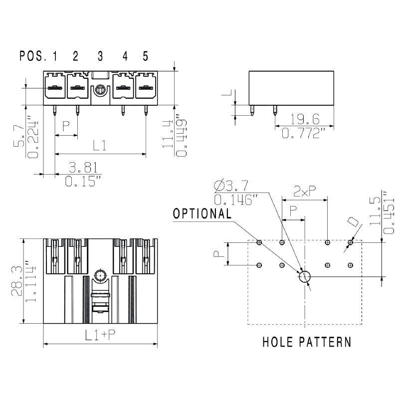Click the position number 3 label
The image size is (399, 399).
[x=100, y=56]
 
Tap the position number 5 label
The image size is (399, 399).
[x=145, y=56]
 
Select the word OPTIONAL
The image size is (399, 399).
[x=202, y=213]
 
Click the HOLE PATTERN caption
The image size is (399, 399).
[x=307, y=342]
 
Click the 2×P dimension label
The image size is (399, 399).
[x=304, y=191]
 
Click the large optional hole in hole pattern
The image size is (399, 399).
[x=304, y=276]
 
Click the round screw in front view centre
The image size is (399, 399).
[x=100, y=91]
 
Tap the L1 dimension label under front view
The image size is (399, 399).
[x=100, y=146]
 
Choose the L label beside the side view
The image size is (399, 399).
[x=227, y=93]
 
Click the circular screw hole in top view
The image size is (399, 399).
[x=100, y=275]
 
